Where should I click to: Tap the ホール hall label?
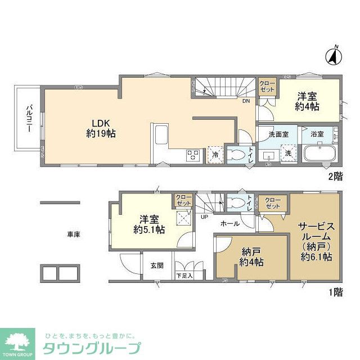tap(229, 223)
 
